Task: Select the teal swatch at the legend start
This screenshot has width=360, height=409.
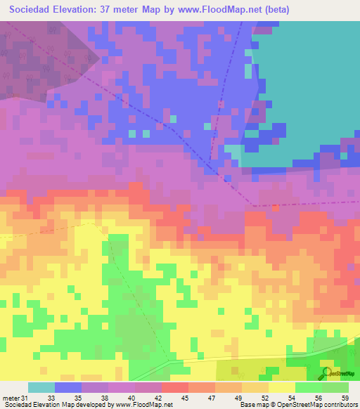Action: point(41,387)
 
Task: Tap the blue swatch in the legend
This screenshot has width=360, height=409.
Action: point(67,387)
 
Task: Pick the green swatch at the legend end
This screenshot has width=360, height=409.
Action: point(335,387)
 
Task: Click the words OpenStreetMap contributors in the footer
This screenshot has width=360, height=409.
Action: point(320,405)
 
